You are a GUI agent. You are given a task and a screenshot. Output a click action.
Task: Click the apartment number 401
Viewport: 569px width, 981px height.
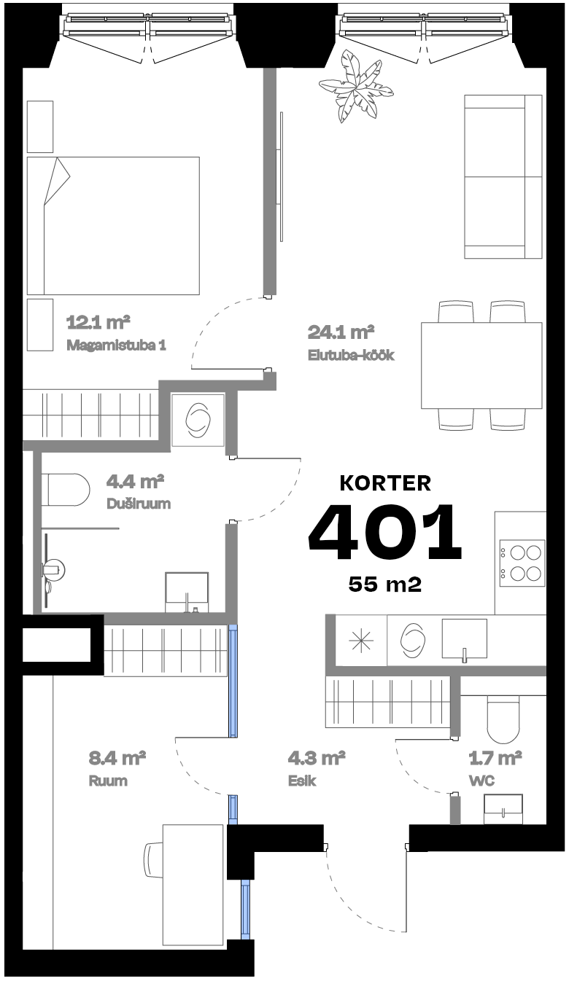pos(385,533)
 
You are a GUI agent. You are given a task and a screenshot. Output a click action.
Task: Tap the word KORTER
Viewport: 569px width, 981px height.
pos(385,482)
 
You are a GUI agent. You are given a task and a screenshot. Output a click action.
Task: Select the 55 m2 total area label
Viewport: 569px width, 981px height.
pos(385,584)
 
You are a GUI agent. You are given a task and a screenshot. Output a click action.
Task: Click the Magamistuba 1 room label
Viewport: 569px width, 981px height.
pos(116,345)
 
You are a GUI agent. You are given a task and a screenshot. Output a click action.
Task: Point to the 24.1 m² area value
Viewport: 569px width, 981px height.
pos(341,333)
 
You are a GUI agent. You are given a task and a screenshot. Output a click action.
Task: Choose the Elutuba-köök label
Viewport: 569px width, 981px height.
pos(351,356)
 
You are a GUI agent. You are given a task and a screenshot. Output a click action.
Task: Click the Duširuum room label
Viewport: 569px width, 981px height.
pos(139,504)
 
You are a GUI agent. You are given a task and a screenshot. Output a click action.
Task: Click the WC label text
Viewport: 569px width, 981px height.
pos(482,781)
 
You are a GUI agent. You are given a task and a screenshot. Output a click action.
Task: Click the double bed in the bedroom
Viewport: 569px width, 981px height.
pos(113,226)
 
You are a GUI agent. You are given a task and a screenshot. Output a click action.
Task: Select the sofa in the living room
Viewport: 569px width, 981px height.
pos(503,176)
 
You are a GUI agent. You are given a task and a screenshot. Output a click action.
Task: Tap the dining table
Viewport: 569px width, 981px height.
pos(481,365)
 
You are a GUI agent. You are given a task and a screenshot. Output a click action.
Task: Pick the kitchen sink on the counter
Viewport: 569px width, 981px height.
pos(464,640)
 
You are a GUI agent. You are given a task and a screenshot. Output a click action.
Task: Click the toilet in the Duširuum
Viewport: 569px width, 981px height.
pos(64,490)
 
